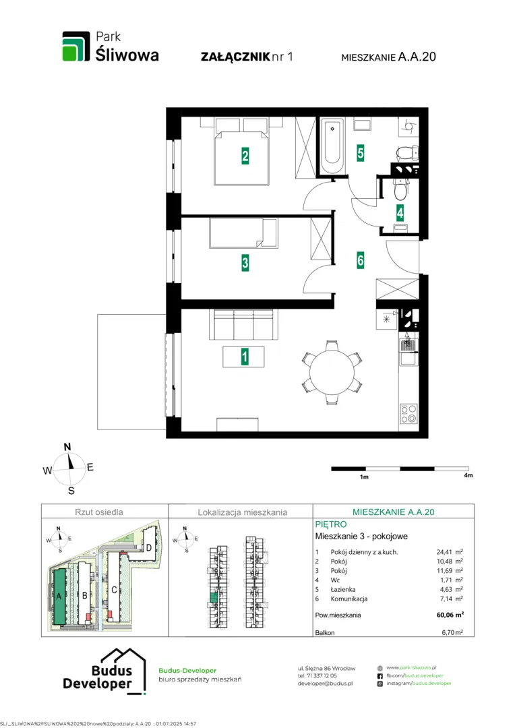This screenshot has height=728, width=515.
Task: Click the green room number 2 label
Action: (245, 156)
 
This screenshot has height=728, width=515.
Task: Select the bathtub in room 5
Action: (332, 146)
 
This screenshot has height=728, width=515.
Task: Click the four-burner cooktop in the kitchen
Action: (408, 413)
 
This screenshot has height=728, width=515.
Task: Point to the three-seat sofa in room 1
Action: (243, 324)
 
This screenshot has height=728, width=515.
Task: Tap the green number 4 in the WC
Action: (400, 212)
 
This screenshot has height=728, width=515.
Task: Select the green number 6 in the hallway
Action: (361, 260)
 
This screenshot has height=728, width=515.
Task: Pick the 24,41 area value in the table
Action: (444, 552)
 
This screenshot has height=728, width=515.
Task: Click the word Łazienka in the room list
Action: (342, 589)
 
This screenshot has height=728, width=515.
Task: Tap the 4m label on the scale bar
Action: (468, 475)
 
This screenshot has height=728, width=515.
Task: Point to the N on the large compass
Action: (67, 447)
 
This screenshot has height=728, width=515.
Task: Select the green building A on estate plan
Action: (59, 596)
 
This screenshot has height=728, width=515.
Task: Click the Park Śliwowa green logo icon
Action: (76, 46)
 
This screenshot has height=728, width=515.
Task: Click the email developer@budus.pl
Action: (325, 684)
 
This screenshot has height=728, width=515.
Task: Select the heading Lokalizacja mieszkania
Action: (243, 512)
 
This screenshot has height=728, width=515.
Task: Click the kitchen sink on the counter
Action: (408, 358)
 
